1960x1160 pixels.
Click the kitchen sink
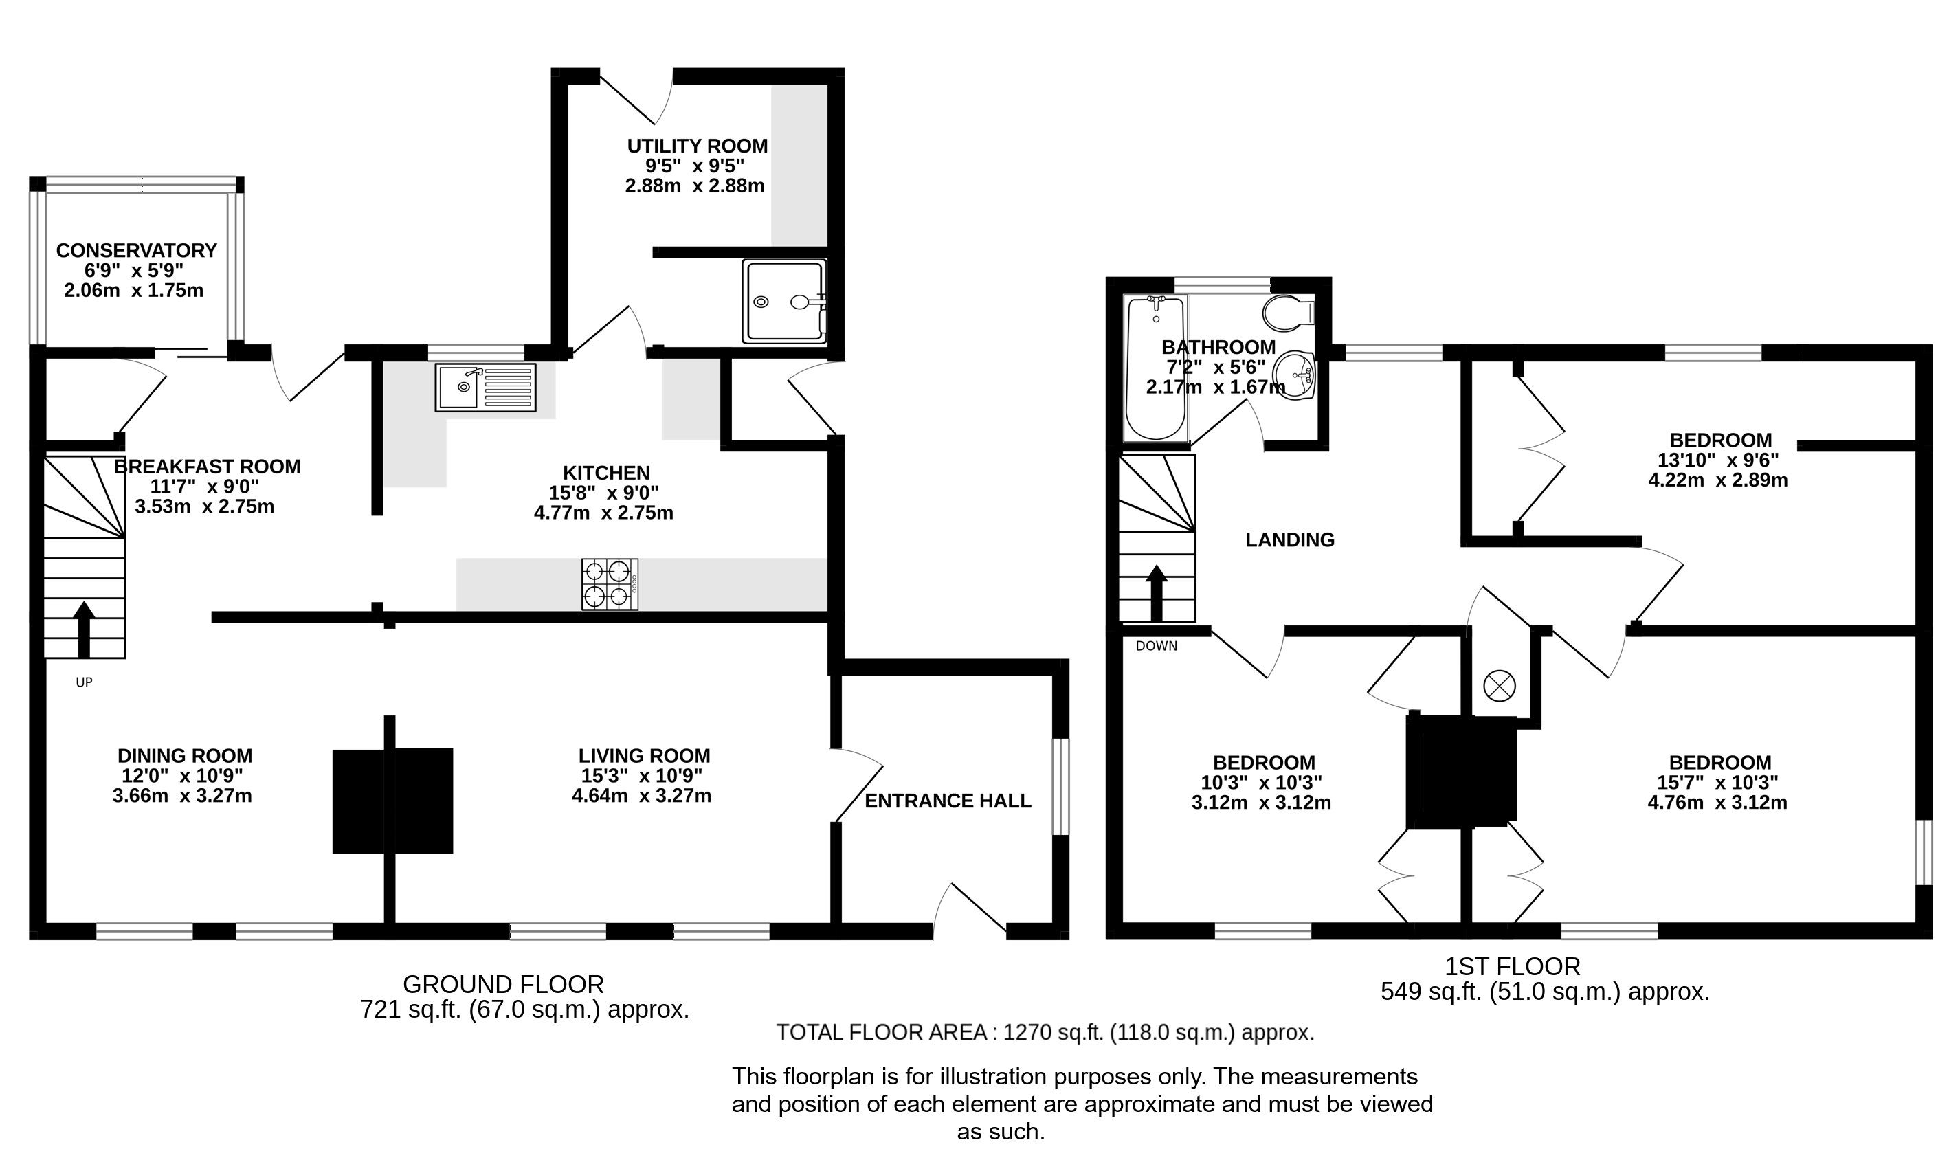coord(485,388)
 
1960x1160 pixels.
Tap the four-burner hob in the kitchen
coord(610,584)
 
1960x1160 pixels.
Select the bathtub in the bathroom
coord(1155,368)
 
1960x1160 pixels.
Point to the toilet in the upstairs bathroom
coord(1288,313)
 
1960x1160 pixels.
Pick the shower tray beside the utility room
coord(784,302)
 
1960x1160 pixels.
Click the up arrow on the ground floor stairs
coord(84,629)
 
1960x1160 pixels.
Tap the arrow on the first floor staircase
coord(1157,592)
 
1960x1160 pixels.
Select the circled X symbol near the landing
coord(1499,687)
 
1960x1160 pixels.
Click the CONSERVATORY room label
coord(136,251)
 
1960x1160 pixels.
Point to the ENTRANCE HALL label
coord(948,801)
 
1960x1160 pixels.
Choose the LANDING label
coord(1289,540)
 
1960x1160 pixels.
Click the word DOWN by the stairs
coord(1157,647)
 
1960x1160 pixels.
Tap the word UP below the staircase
coord(85,682)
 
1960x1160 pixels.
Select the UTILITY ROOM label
coord(697,146)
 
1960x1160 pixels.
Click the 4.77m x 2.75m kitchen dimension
coord(603,513)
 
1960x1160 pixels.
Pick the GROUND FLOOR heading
coord(503,984)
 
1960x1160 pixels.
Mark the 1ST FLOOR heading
coord(1512,967)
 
